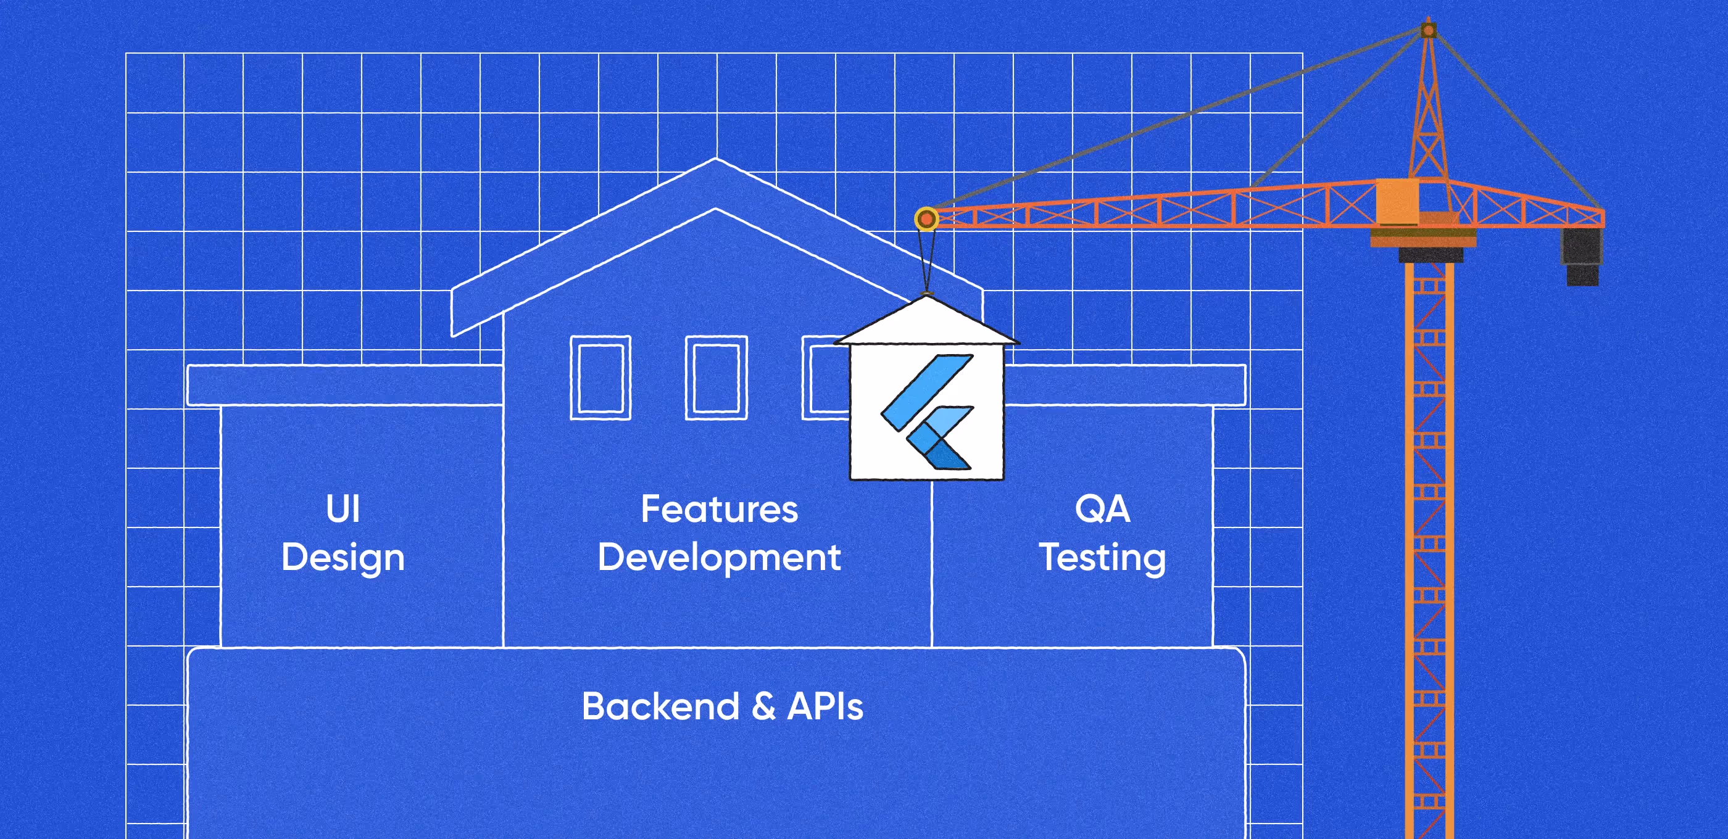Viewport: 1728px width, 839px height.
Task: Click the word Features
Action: pos(719,509)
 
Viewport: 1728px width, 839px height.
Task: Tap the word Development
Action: pos(719,557)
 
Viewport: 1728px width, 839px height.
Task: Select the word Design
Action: pos(343,558)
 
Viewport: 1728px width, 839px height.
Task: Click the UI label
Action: pos(343,509)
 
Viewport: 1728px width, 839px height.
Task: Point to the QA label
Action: pos(1102,509)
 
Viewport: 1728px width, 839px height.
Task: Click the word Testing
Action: pos(1102,558)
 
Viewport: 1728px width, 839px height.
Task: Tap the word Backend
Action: pos(661,706)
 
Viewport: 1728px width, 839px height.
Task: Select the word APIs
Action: pos(825,706)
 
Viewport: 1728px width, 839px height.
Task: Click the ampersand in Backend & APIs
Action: pos(763,707)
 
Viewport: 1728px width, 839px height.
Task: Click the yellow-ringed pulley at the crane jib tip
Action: pos(926,218)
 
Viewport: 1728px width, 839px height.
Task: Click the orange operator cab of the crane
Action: pos(1397,201)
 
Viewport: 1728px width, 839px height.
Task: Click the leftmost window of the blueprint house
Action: pos(600,378)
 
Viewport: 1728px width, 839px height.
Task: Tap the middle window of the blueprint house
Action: pos(716,378)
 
